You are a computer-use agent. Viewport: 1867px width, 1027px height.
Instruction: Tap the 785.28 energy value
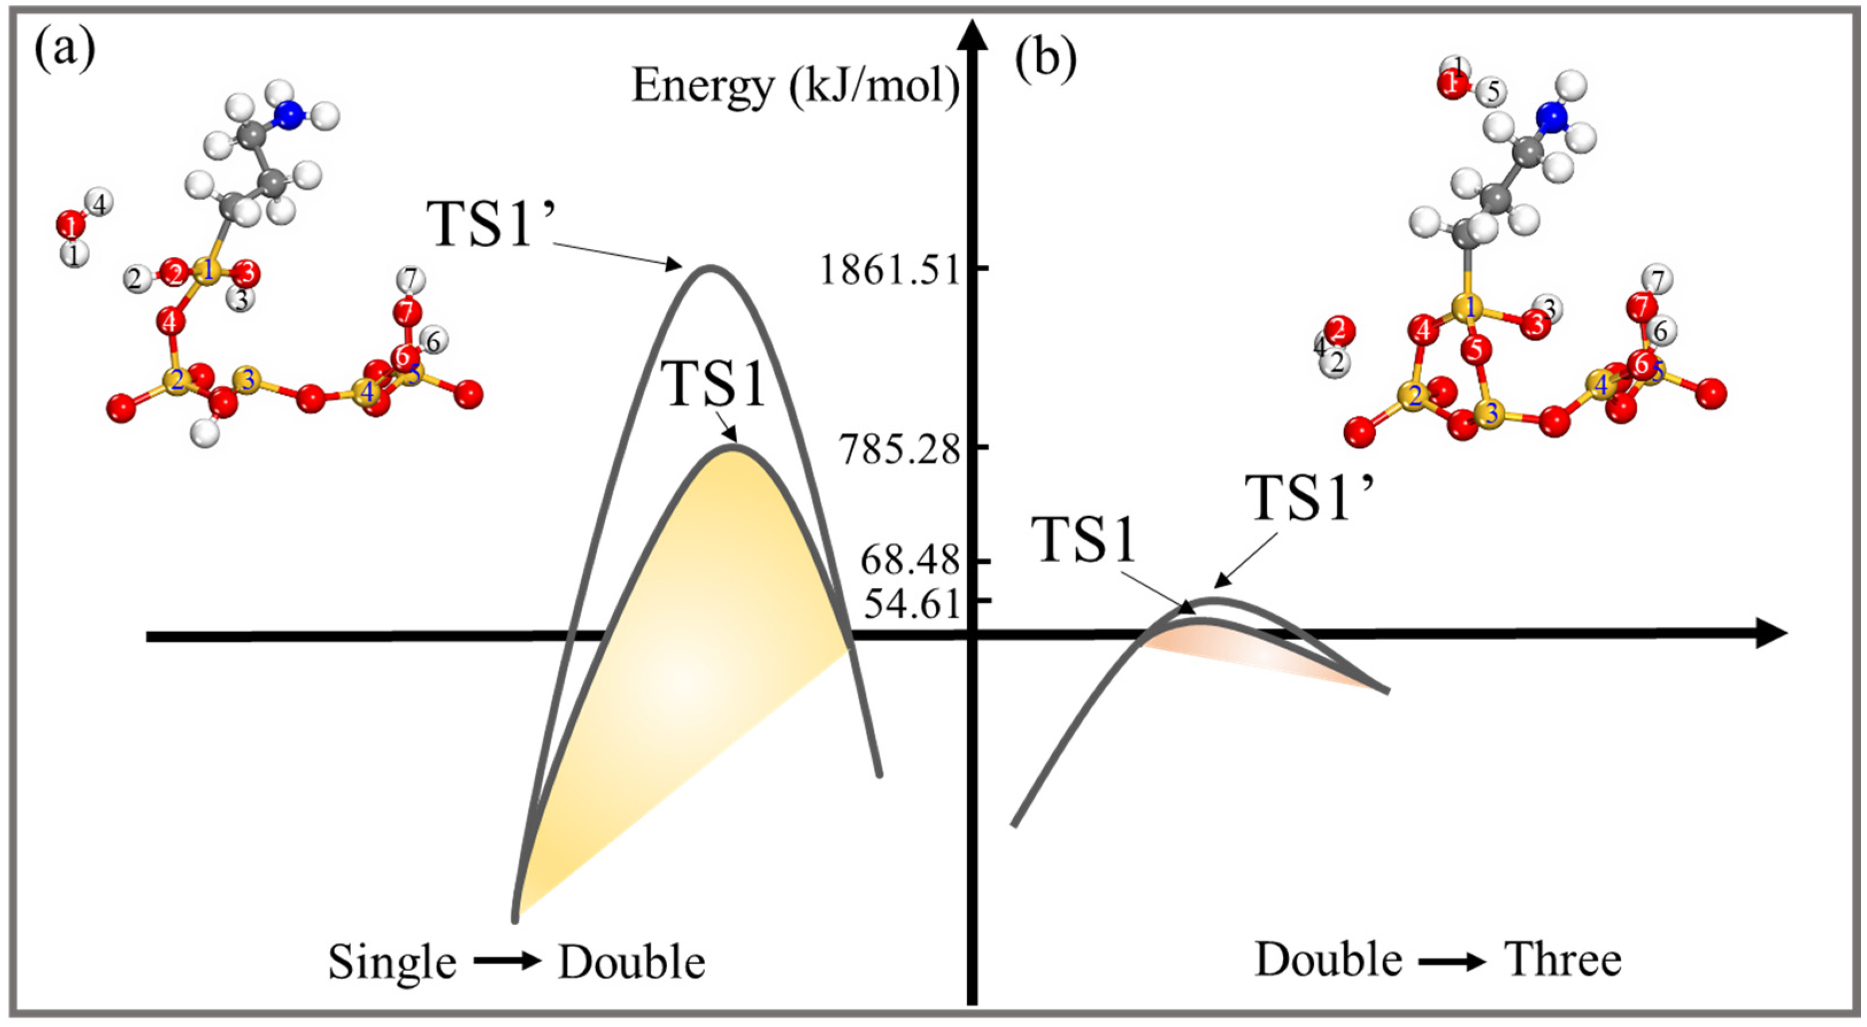[x=899, y=450]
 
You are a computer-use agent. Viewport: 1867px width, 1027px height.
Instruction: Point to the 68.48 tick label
[x=910, y=560]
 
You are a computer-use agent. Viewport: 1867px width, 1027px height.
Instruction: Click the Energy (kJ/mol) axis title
[x=795, y=87]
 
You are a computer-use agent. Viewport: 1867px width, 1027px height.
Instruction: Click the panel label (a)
[x=66, y=51]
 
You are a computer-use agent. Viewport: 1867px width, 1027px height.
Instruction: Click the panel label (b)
[x=1045, y=58]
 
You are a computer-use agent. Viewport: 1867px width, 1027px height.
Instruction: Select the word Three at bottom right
[x=1564, y=960]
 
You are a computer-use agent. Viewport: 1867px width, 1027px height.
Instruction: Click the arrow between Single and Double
[x=507, y=961]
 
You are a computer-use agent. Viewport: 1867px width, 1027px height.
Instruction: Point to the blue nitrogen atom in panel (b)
[x=1552, y=117]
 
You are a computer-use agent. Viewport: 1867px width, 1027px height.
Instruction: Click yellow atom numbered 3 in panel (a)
[x=248, y=380]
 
